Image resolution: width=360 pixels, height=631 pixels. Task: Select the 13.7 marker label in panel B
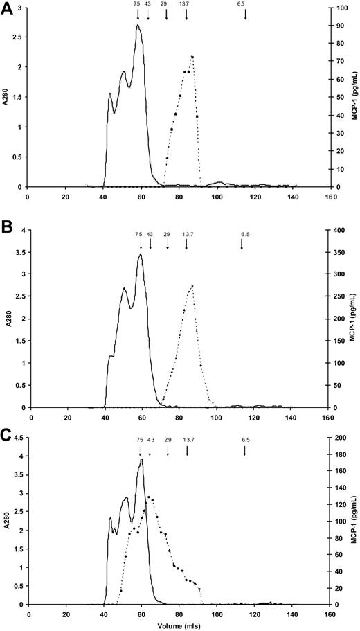click(x=186, y=234)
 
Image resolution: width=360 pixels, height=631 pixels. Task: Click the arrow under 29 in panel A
click(x=167, y=14)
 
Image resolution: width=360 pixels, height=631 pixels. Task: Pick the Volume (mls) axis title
click(x=174, y=625)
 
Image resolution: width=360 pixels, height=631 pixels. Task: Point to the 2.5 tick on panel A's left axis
click(x=19, y=37)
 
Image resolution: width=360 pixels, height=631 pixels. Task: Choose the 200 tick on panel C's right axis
click(x=339, y=438)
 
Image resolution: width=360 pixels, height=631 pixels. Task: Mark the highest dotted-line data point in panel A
click(x=192, y=57)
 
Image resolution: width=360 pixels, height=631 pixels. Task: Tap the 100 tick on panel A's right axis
click(x=339, y=8)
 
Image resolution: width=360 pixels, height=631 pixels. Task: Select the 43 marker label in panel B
click(x=150, y=234)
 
